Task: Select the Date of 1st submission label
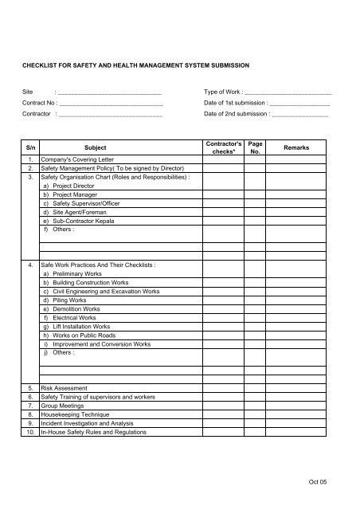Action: click(235, 104)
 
